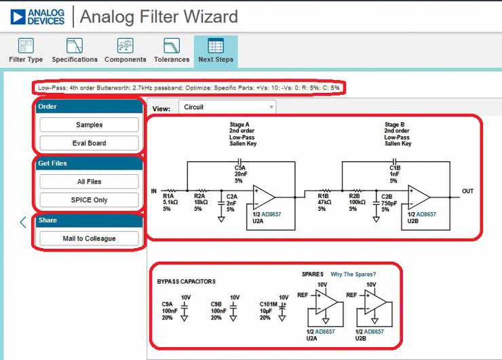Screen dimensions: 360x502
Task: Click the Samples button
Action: click(89, 125)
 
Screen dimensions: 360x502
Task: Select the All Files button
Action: click(89, 182)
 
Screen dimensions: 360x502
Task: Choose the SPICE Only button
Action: click(89, 200)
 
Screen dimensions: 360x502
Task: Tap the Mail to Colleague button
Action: click(89, 238)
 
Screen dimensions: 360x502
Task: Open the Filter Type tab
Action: click(26, 51)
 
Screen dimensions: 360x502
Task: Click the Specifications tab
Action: click(75, 51)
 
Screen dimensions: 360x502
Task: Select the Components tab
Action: click(125, 51)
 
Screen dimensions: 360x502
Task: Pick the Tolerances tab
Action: click(172, 51)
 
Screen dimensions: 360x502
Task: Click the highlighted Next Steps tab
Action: click(216, 51)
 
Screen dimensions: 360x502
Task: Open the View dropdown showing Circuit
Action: click(227, 107)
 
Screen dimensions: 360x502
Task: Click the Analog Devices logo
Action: click(38, 16)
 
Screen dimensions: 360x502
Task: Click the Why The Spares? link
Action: click(353, 274)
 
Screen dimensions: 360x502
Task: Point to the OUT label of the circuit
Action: click(467, 191)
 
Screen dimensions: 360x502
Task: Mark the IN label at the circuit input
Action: click(154, 191)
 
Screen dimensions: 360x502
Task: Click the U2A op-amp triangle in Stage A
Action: click(264, 197)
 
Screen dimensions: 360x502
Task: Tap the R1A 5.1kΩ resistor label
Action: click(169, 201)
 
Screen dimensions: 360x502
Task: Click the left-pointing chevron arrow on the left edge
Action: click(22, 222)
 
